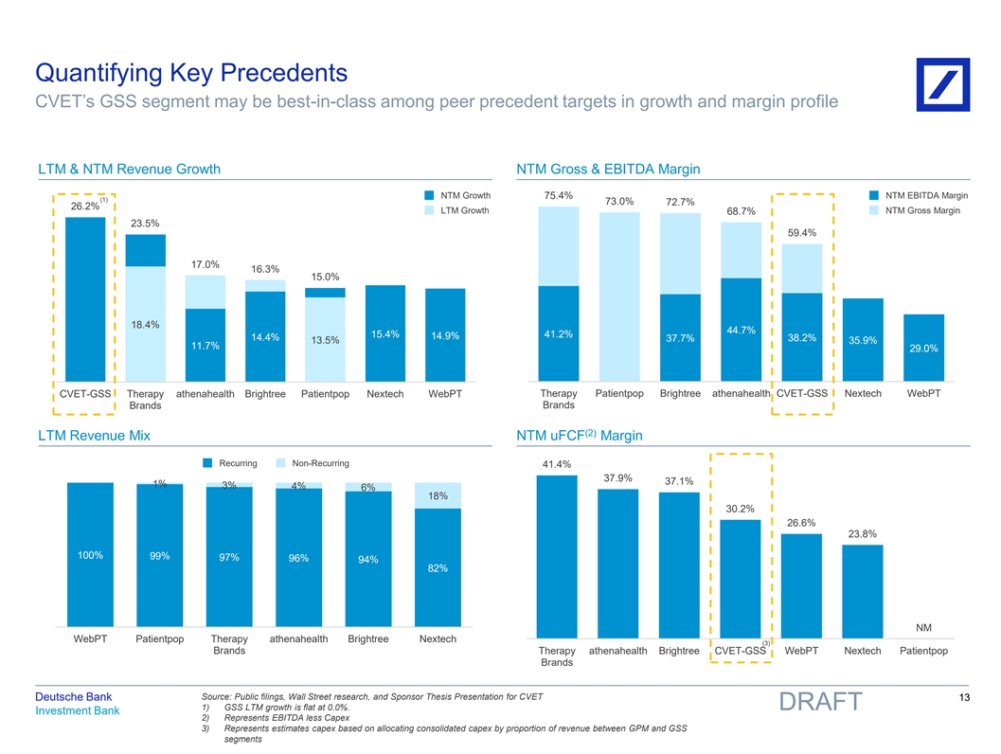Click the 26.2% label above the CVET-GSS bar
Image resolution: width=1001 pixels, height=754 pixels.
[85, 206]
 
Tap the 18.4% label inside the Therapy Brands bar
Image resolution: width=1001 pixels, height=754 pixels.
[145, 325]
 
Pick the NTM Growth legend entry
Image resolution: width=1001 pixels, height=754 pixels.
[457, 196]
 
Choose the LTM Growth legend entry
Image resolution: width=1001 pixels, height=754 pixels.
[457, 210]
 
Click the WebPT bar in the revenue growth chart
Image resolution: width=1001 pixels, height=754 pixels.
[445, 333]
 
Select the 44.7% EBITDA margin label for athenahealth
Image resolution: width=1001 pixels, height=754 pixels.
[741, 330]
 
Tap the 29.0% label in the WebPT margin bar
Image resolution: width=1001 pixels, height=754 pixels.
[923, 349]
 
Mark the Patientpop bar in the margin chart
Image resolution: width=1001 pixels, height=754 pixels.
[619, 296]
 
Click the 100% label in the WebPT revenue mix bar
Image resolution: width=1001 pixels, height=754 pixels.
[90, 555]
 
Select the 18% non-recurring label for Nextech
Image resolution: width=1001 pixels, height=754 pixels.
[438, 497]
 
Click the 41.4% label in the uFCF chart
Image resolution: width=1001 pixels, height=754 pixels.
[557, 464]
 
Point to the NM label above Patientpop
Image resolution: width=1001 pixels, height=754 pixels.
[923, 627]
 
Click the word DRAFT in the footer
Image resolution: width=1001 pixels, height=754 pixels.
[820, 702]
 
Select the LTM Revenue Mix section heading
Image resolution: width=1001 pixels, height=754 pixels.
[94, 436]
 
